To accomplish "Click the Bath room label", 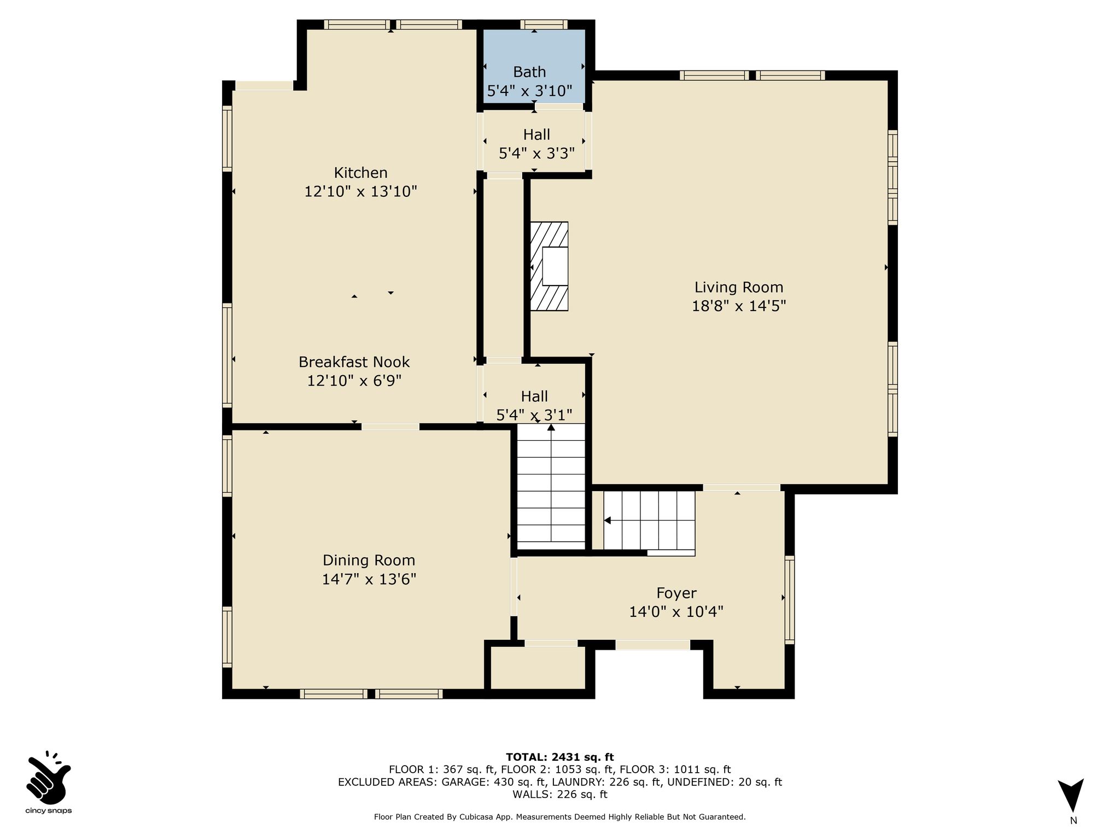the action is (x=529, y=72).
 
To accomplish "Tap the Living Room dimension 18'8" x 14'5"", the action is (x=739, y=306).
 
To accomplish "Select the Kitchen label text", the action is (x=361, y=173).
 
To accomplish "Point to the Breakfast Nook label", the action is (x=354, y=362).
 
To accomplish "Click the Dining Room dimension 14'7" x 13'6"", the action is (x=369, y=579).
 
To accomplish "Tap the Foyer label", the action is (x=676, y=593).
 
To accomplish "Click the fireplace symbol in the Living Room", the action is (x=549, y=266).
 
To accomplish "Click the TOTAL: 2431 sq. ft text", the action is (x=560, y=757).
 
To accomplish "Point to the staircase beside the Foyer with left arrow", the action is (x=649, y=521).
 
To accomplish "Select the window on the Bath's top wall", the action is (x=544, y=24).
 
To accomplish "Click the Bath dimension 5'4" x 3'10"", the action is (x=529, y=91).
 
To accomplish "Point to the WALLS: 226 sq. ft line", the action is (x=560, y=794).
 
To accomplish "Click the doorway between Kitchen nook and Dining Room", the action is (x=390, y=427).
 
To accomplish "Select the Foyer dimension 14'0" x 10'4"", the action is (x=676, y=612).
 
